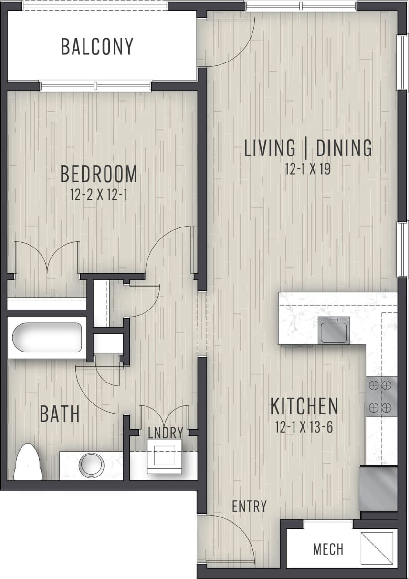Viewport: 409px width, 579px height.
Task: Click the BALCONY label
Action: tap(97, 47)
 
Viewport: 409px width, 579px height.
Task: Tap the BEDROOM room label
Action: tap(99, 175)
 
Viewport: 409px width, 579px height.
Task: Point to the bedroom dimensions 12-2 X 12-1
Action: tap(99, 195)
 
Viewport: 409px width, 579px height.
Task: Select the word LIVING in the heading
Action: tap(270, 148)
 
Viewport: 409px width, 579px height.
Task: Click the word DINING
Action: tap(344, 148)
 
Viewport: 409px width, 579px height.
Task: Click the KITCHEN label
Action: tap(304, 406)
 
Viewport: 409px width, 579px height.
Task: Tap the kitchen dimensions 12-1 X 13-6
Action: tap(304, 427)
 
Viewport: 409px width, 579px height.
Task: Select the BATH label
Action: tap(60, 414)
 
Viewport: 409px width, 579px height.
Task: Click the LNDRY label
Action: tap(166, 433)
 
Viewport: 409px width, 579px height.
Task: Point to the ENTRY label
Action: tap(249, 506)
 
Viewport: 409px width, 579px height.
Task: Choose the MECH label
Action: tap(328, 549)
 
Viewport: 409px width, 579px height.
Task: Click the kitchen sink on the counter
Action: tap(335, 330)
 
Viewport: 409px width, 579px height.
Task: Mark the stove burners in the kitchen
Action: tap(381, 396)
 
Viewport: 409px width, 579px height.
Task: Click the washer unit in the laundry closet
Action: tap(162, 457)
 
